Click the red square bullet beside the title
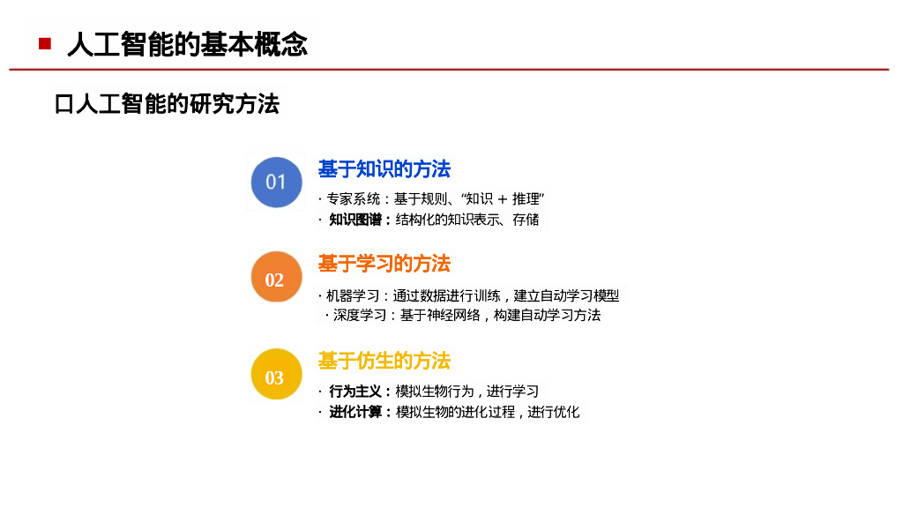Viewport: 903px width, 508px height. pos(44,43)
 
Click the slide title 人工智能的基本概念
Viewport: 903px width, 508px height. pos(187,43)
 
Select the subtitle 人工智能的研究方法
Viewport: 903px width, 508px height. pos(176,104)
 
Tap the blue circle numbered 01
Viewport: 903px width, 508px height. pos(276,182)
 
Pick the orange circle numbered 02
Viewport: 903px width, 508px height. pos(275,280)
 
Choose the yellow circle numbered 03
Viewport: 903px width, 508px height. pos(275,377)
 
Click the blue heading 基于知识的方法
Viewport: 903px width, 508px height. pos(384,168)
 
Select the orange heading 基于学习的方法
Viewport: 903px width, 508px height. pos(384,263)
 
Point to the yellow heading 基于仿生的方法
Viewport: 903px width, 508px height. pos(384,360)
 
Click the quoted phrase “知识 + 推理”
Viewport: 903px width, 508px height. pos(505,198)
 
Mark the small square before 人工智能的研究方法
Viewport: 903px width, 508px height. pos(62,105)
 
